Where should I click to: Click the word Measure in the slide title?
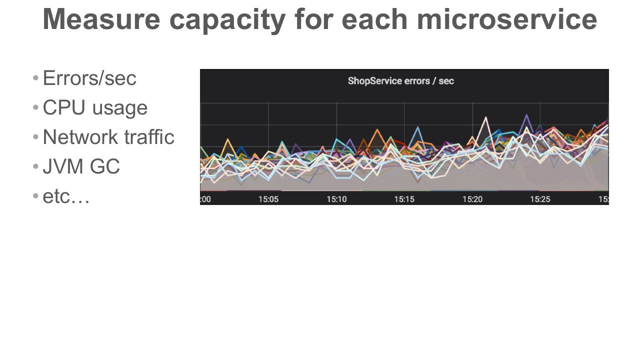point(101,19)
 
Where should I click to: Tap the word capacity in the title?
point(227,21)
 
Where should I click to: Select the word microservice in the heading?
point(507,19)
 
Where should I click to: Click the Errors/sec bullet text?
point(89,78)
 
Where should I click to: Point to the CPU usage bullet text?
point(95,108)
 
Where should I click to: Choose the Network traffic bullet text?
point(108,137)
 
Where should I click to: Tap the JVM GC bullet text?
point(81,166)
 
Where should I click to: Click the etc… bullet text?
point(66,196)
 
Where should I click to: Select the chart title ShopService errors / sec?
point(401,81)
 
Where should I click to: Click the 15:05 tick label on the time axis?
point(268,199)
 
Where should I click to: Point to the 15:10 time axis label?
point(336,199)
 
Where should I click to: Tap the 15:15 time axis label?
point(404,199)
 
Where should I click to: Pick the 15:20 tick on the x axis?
point(472,199)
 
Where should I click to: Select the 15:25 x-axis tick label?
point(540,199)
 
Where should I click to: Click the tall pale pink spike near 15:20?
point(485,117)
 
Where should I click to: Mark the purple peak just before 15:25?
point(526,115)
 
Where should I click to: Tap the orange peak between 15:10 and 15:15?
point(377,130)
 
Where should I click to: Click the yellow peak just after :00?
point(227,139)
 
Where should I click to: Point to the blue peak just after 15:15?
point(417,127)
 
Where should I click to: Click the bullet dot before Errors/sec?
point(35,78)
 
